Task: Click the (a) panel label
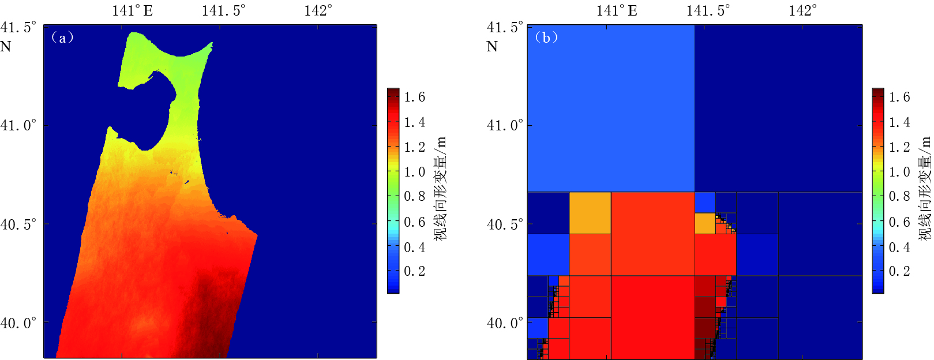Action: [62, 37]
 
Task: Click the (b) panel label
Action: [546, 37]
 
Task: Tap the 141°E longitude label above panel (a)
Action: [132, 10]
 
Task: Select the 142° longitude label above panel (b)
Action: [802, 10]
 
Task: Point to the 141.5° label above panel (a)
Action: [223, 10]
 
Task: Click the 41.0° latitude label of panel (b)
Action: [505, 125]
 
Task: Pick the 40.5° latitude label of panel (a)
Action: [18, 224]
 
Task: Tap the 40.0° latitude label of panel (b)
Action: [505, 323]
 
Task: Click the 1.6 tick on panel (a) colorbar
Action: [414, 97]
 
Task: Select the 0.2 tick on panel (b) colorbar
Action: [899, 271]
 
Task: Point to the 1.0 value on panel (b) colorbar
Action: [899, 172]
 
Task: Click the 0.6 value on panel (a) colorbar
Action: [414, 222]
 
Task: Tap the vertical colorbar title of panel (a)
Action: [440, 188]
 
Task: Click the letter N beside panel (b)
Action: [492, 47]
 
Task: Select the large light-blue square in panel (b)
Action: [611, 108]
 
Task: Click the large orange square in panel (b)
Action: [590, 213]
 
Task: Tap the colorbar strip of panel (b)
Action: [877, 190]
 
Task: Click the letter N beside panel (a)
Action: [6, 47]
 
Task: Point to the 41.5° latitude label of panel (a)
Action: [18, 27]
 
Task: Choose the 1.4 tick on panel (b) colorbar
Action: [899, 122]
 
